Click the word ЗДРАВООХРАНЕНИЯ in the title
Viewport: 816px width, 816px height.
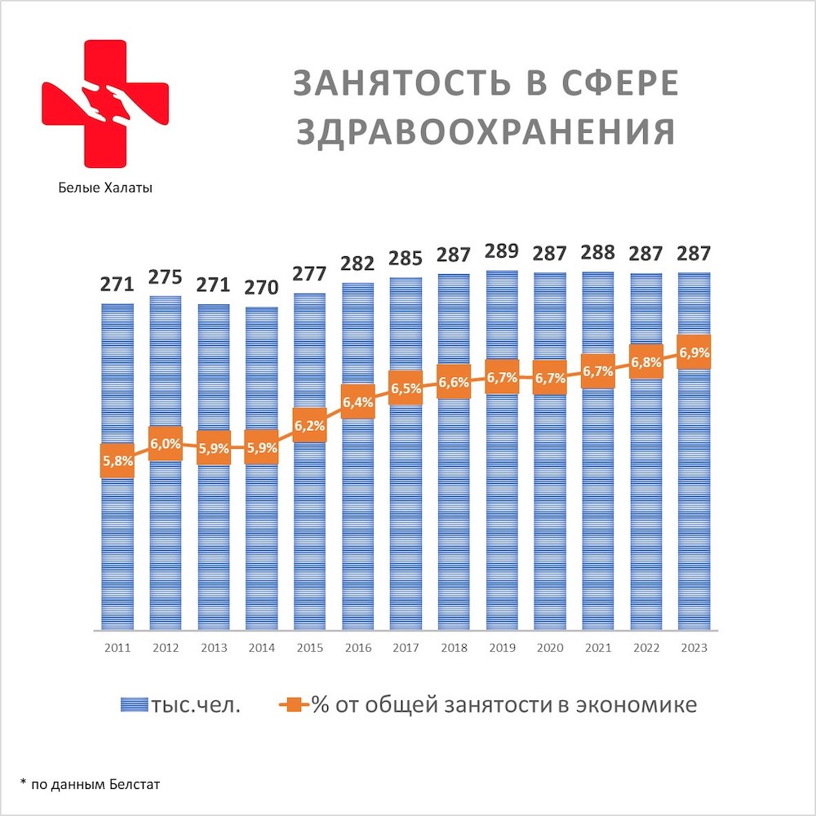tap(486, 132)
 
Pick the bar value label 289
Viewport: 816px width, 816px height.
tap(501, 251)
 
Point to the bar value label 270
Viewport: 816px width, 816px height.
tap(261, 287)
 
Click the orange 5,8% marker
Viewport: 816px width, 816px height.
tap(117, 461)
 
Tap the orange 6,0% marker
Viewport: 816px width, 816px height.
tap(165, 443)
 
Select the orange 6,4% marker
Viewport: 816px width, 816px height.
tap(357, 401)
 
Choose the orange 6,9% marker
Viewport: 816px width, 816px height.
tap(694, 353)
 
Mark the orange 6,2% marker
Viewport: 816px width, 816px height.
tap(309, 425)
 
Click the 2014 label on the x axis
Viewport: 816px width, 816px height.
tap(261, 648)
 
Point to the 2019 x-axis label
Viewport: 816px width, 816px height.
tap(501, 648)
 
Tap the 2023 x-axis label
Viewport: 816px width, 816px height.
tap(694, 648)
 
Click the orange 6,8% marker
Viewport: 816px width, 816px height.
tap(645, 361)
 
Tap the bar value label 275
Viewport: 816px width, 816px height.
tap(165, 276)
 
